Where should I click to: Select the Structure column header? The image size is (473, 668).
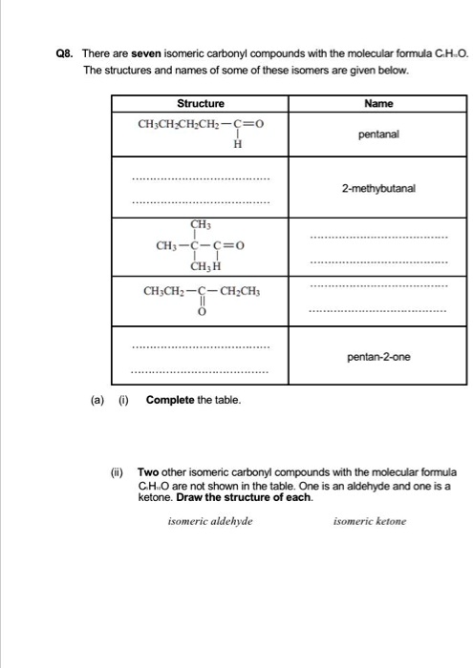(200, 103)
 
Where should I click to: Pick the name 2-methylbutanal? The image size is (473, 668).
(378, 189)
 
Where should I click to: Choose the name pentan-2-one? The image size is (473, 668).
(378, 358)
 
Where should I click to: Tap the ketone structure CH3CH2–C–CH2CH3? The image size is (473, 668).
(200, 291)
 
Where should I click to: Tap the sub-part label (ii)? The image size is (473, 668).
(118, 471)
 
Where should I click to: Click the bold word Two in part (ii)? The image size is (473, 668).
(147, 471)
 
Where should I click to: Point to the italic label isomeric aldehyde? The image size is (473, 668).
(210, 521)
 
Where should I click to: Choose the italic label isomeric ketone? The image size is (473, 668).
(369, 521)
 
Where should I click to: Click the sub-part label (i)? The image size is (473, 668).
(121, 399)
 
